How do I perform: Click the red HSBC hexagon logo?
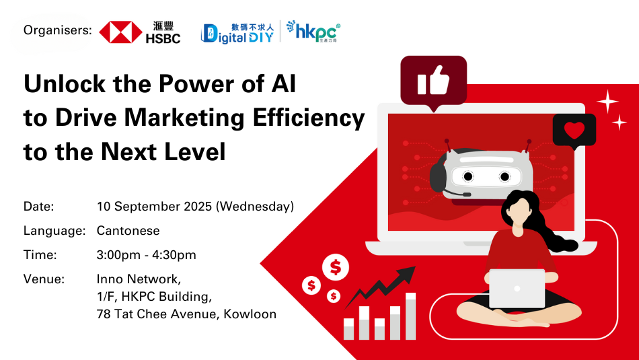[120, 32]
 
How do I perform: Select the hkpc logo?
[313, 32]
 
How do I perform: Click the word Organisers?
[57, 30]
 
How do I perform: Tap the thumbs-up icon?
[433, 80]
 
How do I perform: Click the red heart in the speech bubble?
[574, 130]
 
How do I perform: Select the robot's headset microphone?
[456, 193]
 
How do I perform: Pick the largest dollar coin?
[336, 267]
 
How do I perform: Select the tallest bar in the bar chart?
[410, 316]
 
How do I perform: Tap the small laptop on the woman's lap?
[517, 289]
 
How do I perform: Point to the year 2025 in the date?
[198, 207]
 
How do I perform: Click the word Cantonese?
[128, 231]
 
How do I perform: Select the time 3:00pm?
[118, 255]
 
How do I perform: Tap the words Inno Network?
[139, 279]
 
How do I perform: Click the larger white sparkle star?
[607, 101]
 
